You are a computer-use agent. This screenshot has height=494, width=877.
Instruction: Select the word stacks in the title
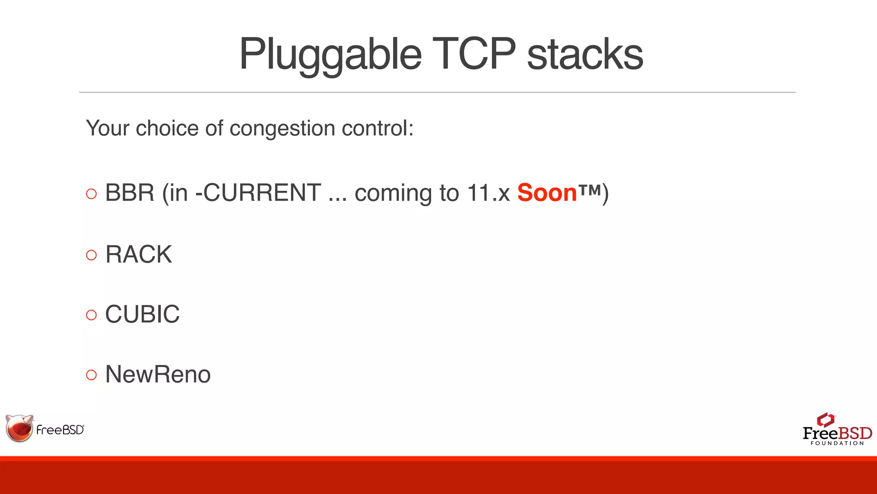pyautogui.click(x=585, y=55)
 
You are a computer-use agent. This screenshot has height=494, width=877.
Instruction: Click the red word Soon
pyautogui.click(x=547, y=193)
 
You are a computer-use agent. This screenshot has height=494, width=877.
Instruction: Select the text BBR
pyautogui.click(x=130, y=193)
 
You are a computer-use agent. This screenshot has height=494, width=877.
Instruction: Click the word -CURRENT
pyautogui.click(x=258, y=193)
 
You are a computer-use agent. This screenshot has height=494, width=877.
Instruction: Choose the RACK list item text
pyautogui.click(x=139, y=254)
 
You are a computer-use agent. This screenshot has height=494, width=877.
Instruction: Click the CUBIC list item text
pyautogui.click(x=143, y=314)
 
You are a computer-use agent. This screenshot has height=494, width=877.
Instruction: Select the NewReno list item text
pyautogui.click(x=158, y=374)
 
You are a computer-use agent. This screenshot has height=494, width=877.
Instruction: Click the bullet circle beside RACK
pyautogui.click(x=91, y=255)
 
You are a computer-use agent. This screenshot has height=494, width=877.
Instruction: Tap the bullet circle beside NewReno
pyautogui.click(x=91, y=375)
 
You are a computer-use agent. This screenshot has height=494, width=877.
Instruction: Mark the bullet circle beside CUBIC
pyautogui.click(x=91, y=315)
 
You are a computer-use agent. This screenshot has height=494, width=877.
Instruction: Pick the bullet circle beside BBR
pyautogui.click(x=91, y=194)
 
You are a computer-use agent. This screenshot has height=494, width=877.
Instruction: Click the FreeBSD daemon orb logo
pyautogui.click(x=19, y=428)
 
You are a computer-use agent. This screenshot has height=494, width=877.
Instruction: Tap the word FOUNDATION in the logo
pyautogui.click(x=837, y=443)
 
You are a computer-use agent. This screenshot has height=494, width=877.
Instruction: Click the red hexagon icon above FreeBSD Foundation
pyautogui.click(x=826, y=420)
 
